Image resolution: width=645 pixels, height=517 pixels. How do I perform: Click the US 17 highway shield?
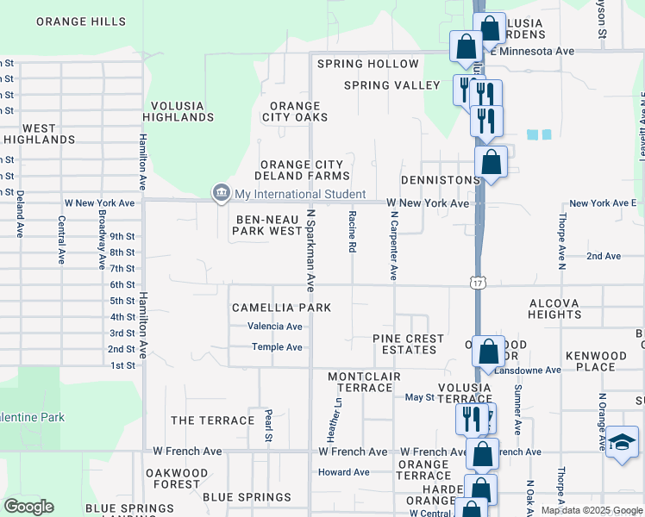(x=477, y=283)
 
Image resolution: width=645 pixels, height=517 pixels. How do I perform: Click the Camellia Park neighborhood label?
(x=281, y=308)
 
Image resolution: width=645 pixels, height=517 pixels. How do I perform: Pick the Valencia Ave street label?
(x=275, y=327)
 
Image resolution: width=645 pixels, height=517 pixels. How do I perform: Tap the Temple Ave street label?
(x=277, y=347)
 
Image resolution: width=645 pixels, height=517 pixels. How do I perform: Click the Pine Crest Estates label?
(x=408, y=345)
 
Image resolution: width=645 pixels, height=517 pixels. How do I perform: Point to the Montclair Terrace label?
(x=360, y=383)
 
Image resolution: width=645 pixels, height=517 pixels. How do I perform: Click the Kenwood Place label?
(x=596, y=362)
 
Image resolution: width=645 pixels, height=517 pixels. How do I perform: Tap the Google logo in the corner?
(x=28, y=507)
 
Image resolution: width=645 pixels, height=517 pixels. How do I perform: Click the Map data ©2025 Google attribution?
(x=591, y=510)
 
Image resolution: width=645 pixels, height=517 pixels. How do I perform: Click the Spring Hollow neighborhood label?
(x=367, y=64)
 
